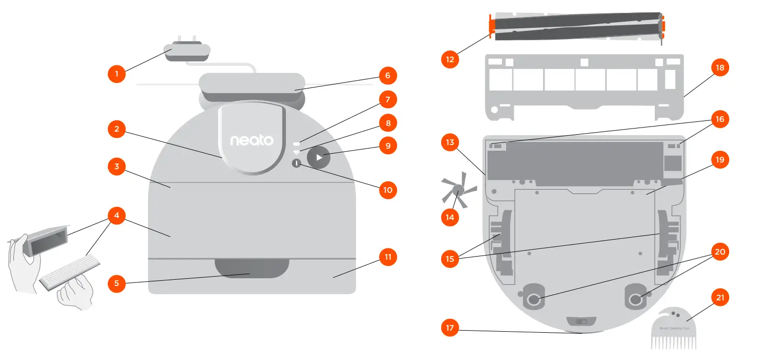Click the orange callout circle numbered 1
click(117, 74)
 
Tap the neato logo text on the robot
click(251, 140)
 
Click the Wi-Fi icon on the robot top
click(296, 153)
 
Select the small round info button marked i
click(297, 163)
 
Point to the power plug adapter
click(187, 52)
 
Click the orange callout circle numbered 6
click(388, 76)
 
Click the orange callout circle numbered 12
click(450, 59)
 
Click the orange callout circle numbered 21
click(719, 298)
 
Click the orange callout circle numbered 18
click(719, 67)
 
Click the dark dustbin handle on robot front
click(251, 268)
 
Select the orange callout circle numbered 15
click(450, 259)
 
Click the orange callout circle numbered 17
click(450, 327)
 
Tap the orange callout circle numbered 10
click(388, 190)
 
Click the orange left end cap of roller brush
click(492, 29)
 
